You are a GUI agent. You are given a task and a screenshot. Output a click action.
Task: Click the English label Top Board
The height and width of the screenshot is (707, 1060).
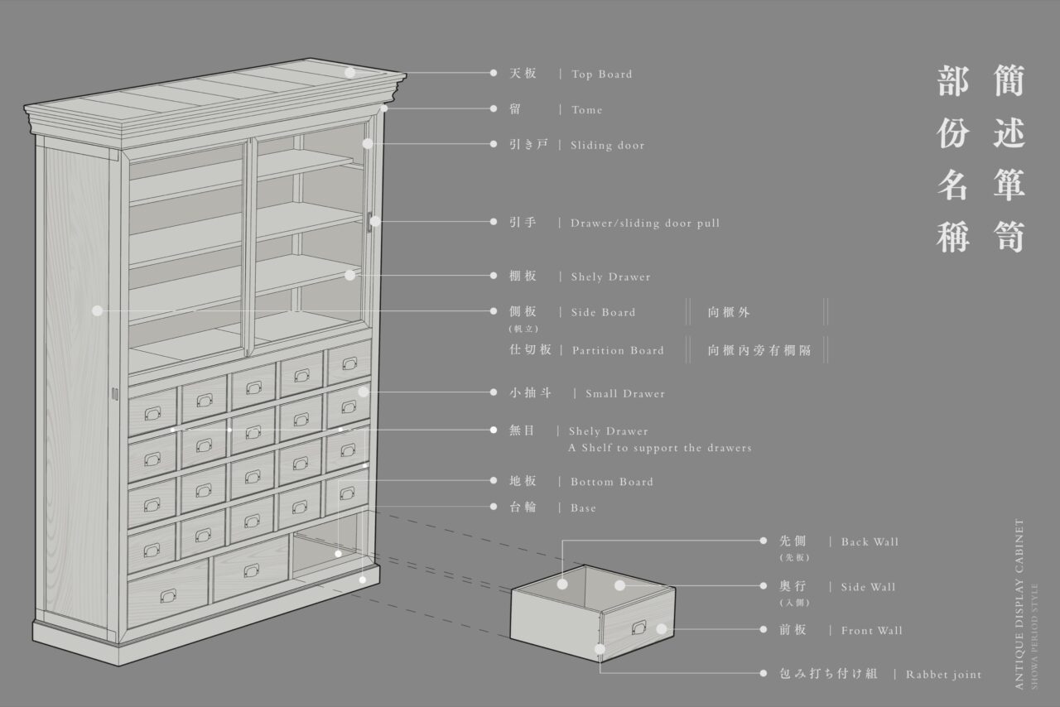[x=601, y=75]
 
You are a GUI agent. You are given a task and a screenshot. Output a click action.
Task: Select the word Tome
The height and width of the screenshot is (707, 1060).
[x=586, y=110]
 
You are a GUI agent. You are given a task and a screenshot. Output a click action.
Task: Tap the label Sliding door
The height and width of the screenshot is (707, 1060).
[x=607, y=146]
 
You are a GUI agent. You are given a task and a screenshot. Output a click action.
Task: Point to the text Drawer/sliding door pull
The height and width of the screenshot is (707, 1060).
[x=645, y=224]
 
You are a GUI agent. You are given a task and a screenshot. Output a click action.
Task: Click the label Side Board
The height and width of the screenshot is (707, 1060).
[x=603, y=313]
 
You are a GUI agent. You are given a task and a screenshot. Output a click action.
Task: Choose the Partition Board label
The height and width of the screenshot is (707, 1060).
[x=618, y=351]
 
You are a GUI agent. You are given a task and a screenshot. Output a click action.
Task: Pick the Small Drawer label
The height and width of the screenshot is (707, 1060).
[x=624, y=394]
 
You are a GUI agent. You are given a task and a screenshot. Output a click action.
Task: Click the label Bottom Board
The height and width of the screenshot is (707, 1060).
[x=611, y=482]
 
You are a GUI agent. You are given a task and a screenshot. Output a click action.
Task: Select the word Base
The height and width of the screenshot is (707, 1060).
[x=583, y=508]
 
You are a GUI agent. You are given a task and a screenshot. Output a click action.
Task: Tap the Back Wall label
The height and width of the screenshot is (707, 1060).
[x=870, y=542]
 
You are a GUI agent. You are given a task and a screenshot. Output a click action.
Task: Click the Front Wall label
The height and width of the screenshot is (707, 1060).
[x=871, y=631]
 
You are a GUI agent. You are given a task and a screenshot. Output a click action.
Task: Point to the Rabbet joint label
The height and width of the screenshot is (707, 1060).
[x=943, y=675]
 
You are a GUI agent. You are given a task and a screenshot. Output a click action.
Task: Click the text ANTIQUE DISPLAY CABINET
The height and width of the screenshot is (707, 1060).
[x=1019, y=604]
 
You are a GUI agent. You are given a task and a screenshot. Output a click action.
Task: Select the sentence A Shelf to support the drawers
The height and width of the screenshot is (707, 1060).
[x=659, y=448]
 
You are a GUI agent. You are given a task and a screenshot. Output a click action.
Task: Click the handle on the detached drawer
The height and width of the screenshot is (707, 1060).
[x=638, y=628]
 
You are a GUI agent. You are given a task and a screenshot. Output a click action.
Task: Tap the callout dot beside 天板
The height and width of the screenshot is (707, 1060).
[x=494, y=73]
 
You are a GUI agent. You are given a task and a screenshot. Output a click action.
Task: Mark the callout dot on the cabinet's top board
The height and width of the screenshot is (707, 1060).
[x=350, y=73]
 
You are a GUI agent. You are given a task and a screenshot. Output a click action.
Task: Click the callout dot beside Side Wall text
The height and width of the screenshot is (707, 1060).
[x=764, y=586]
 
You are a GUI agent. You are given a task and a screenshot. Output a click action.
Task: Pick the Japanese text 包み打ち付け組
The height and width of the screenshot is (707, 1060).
[x=828, y=675]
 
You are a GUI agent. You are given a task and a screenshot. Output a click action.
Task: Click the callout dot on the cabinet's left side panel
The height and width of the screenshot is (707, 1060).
[x=97, y=311]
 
